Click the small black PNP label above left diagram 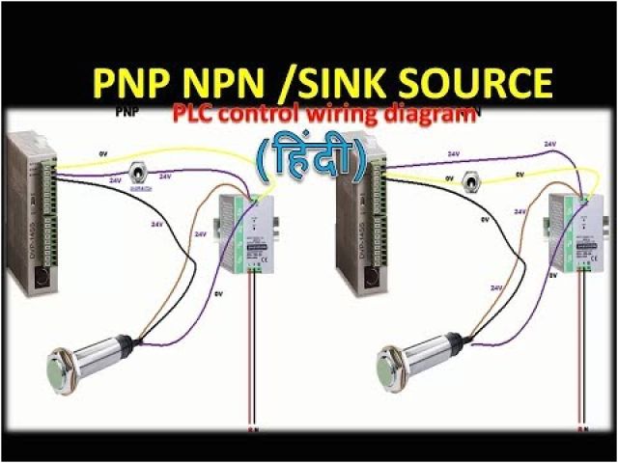(126, 114)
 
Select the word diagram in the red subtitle (425, 115)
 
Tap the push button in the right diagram (472, 180)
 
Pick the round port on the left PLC (38, 279)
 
